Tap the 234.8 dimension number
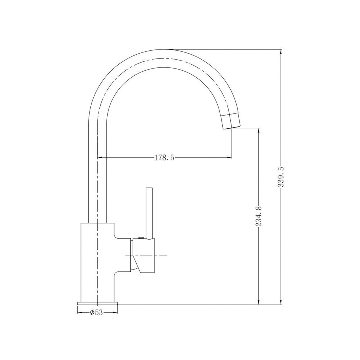pos(259,216)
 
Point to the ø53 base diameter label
pos(96,312)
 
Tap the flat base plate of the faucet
pos(98,303)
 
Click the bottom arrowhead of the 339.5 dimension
pos(281,301)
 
